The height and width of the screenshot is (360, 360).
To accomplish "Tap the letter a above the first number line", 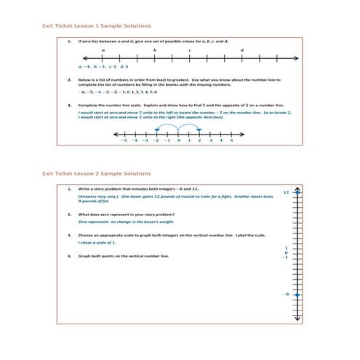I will (x=103, y=49).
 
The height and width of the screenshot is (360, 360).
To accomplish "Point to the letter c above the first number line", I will (x=190, y=49).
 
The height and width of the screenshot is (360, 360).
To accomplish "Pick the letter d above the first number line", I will (x=241, y=49).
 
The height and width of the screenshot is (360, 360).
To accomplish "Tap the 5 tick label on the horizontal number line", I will (x=231, y=140).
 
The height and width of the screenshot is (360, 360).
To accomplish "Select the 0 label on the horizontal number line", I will (x=178, y=140).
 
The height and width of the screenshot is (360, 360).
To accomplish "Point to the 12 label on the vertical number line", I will (x=286, y=193).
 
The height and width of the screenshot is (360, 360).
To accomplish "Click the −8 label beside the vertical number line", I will (x=286, y=294).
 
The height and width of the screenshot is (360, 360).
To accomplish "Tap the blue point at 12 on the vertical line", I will (x=301, y=193).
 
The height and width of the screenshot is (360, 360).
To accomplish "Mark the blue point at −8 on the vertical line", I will (x=301, y=294).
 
